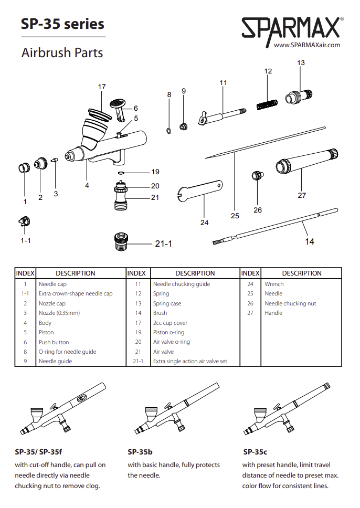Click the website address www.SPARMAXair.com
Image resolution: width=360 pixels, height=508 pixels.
(x=307, y=45)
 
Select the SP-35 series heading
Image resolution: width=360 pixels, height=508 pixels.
(x=62, y=24)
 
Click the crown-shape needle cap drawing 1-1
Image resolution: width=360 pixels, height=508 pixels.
(x=23, y=222)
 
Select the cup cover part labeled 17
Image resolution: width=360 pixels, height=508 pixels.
(x=100, y=113)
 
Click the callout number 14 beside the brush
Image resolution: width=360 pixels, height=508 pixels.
(x=310, y=241)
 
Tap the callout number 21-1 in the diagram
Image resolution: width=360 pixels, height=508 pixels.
(x=163, y=244)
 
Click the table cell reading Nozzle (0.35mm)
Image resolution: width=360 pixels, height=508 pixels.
(x=59, y=313)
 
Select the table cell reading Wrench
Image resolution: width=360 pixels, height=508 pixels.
(x=274, y=284)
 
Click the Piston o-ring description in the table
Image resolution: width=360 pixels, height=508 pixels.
(x=168, y=332)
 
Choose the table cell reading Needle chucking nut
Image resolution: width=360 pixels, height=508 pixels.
(x=290, y=303)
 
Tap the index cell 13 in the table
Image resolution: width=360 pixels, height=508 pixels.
(x=138, y=303)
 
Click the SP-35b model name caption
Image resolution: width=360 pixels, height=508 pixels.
(x=140, y=452)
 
